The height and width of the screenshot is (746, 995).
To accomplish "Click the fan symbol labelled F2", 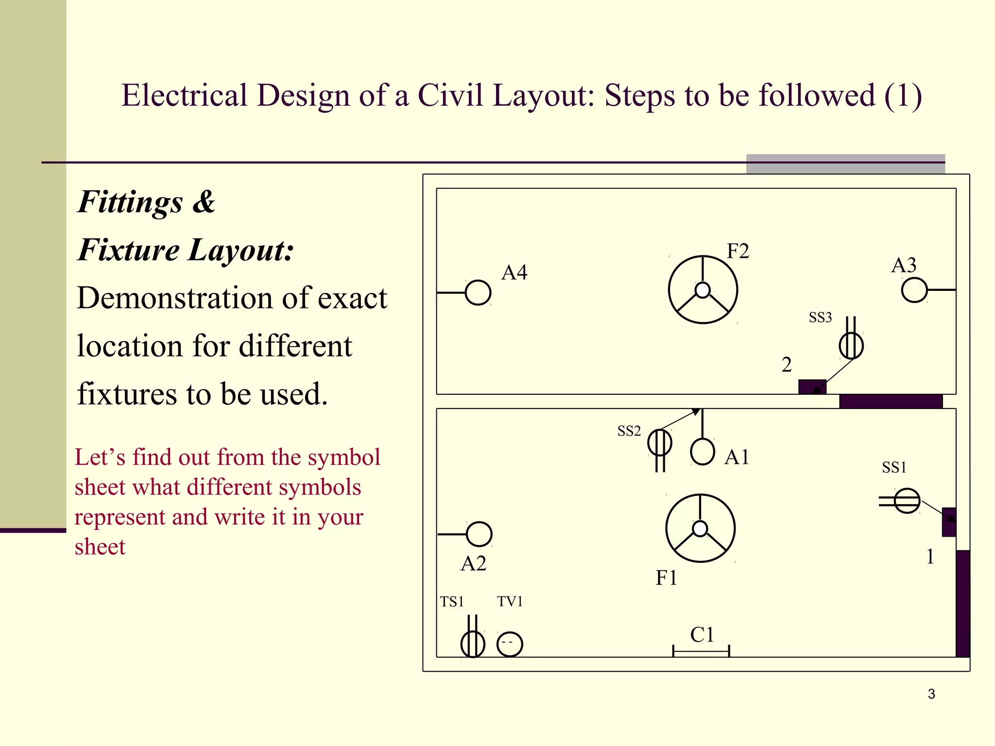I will [703, 290].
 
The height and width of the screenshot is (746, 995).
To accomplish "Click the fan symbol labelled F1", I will [700, 528].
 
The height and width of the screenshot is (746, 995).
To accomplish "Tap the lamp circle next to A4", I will [478, 293].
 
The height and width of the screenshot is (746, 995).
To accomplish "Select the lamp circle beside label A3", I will [914, 290].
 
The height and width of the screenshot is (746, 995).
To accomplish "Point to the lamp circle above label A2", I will [479, 534].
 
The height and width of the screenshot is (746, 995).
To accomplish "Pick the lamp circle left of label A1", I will [703, 452].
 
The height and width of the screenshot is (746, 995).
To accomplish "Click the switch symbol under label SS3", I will [851, 345].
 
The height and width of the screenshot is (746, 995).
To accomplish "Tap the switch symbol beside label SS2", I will [660, 443].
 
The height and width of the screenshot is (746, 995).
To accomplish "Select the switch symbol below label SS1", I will [907, 501].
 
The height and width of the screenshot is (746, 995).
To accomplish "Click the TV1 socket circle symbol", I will [510, 644].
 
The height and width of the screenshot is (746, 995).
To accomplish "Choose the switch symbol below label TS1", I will [473, 644].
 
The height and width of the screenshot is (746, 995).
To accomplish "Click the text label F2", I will [738, 251].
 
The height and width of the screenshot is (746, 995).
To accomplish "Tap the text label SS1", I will [894, 467].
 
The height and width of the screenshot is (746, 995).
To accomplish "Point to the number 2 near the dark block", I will [787, 365].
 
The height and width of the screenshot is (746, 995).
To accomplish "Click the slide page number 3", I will [931, 694].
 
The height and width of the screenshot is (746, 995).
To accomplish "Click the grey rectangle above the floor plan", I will [845, 164].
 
